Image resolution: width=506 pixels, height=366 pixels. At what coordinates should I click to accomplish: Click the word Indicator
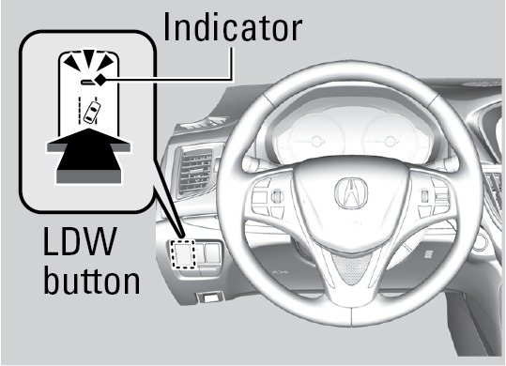coord(233,27)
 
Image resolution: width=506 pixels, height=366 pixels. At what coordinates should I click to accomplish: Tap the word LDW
coord(80,241)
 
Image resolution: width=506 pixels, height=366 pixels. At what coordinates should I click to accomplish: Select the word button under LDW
coord(92,280)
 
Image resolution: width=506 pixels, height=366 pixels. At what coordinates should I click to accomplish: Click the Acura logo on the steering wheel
coord(351,193)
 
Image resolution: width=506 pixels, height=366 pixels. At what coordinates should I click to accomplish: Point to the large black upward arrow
coord(89,155)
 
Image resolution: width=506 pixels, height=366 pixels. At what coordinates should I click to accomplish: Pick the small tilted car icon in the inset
coord(92,112)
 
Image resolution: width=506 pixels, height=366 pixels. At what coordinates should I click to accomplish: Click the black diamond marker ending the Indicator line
coord(100,80)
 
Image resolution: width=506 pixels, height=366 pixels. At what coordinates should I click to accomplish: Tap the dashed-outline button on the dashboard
coord(183,253)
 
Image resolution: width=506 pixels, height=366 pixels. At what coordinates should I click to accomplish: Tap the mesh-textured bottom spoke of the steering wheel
coord(352,269)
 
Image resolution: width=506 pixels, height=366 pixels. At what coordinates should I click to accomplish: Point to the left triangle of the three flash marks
coord(71,63)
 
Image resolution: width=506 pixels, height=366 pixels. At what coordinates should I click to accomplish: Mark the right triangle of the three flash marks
coord(106,63)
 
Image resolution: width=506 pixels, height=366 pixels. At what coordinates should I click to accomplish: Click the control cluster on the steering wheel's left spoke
coord(268,198)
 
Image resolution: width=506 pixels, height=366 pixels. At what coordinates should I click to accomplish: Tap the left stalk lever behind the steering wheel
coord(255,163)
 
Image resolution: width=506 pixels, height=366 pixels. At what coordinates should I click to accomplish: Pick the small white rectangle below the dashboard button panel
coord(210,297)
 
